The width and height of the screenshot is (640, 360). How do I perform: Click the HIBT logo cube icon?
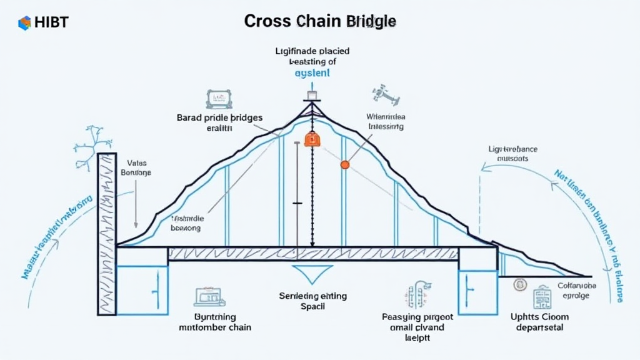pyautogui.click(x=24, y=23)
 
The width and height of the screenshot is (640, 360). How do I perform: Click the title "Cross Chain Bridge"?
pyautogui.click(x=319, y=21)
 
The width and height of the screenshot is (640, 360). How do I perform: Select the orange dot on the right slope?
pyautogui.click(x=344, y=165)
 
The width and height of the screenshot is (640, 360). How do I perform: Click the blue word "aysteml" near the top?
pyautogui.click(x=312, y=73)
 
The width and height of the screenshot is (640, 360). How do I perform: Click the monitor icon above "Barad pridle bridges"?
pyautogui.click(x=219, y=98)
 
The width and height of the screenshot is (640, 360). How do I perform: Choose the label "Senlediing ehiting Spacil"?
pyautogui.click(x=313, y=301)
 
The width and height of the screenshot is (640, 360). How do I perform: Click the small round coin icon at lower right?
pyautogui.click(x=517, y=285)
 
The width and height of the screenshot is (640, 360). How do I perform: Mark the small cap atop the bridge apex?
pyautogui.click(x=312, y=96)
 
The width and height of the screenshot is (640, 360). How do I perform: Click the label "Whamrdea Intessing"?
pyautogui.click(x=386, y=121)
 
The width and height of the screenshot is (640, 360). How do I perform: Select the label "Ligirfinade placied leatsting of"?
pyautogui.click(x=312, y=56)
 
